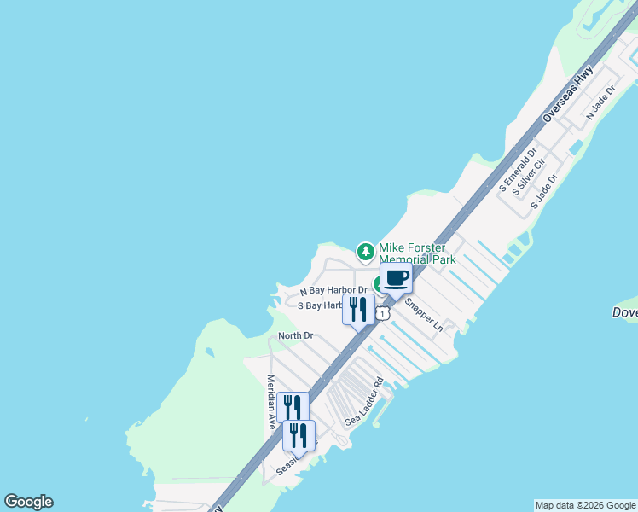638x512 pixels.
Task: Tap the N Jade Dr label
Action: pos(600,102)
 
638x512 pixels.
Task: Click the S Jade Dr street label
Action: pos(543,192)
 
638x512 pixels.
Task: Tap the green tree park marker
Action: pos(365,251)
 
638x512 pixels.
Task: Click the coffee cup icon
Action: pos(396,277)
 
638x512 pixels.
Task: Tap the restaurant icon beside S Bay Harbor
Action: pos(358,309)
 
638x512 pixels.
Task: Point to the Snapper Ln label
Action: pos(424,314)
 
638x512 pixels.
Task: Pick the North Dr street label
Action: pos(296,335)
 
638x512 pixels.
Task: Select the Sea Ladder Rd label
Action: pos(366,404)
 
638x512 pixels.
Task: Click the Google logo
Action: pos(28,502)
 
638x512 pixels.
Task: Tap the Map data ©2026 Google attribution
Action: pos(585,505)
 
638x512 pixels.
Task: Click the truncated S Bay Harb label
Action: pos(320,305)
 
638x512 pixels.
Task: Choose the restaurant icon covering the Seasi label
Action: pos(299,435)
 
